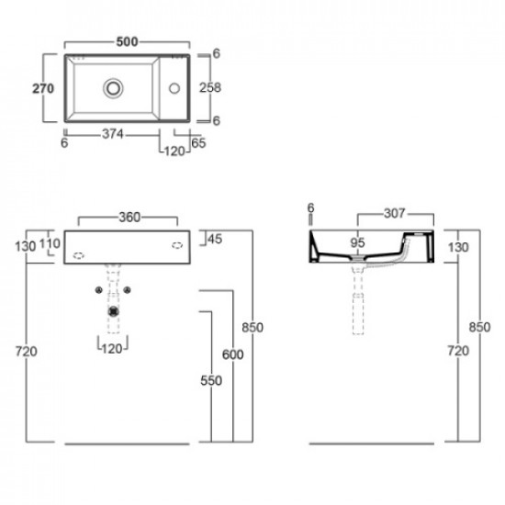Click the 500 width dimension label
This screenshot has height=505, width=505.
pos(128,41)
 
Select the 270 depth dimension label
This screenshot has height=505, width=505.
pos(43,88)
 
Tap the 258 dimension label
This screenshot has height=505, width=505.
pos(210,87)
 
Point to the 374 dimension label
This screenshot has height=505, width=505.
pos(113,134)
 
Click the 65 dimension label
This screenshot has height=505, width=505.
pos(198,143)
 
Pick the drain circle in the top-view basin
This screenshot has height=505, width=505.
pos(113,88)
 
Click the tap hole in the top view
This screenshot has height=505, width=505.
pos(174,88)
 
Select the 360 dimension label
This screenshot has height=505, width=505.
pos(129,218)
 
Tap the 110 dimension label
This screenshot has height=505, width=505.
pos(50,243)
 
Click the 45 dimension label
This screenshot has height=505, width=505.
pos(215,239)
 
